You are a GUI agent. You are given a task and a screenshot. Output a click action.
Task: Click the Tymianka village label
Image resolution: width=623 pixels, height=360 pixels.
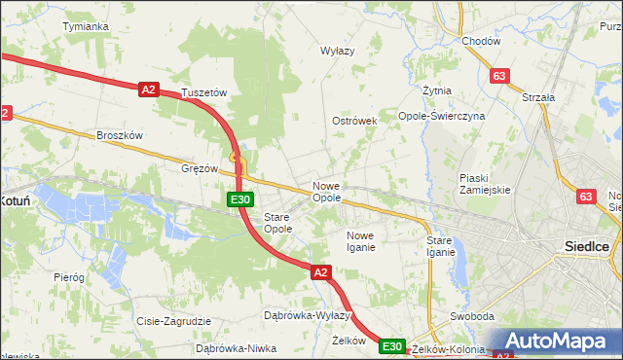pos(85,26)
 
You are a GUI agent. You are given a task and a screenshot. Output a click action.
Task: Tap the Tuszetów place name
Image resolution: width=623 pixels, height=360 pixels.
pos(204,93)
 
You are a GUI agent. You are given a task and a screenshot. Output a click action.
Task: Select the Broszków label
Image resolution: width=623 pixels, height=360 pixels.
pos(120,136)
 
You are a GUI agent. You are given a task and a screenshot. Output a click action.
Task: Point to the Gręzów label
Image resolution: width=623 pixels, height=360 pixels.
pos(200,167)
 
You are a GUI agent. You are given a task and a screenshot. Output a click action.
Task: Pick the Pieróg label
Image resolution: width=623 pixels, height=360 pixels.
pos(69,277)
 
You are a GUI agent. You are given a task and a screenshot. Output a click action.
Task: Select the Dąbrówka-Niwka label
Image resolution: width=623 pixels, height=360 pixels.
pos(231,347)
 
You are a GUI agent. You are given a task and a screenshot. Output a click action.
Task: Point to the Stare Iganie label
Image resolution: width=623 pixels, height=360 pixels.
pos(441,246)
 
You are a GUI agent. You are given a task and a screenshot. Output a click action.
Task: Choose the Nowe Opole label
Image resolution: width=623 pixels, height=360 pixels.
pos(326,192)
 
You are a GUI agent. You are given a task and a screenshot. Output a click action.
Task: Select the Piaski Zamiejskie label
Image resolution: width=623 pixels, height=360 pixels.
pos(486,184)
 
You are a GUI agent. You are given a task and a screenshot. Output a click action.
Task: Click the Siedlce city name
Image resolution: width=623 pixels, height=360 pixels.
pos(588,247)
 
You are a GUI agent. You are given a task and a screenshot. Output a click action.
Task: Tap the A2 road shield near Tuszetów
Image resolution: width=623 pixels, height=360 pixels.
pos(148,90)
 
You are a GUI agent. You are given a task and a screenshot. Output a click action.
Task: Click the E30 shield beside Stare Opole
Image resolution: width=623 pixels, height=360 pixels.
pos(241,199)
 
